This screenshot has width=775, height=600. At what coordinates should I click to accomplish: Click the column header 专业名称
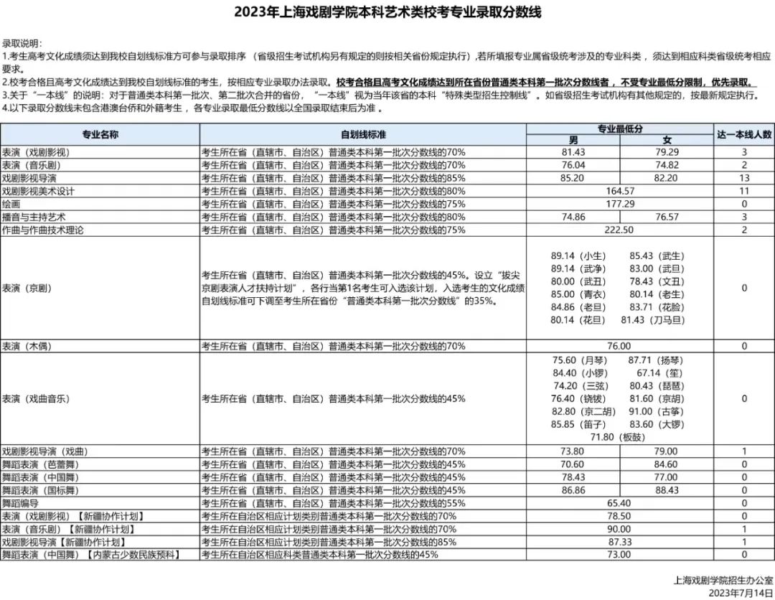pyautogui.click(x=100, y=134)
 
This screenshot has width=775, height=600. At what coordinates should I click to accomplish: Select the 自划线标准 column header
pyautogui.click(x=363, y=134)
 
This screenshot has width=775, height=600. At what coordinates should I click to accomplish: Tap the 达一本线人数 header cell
pyautogui.click(x=744, y=134)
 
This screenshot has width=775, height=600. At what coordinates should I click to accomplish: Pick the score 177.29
pyautogui.click(x=620, y=205)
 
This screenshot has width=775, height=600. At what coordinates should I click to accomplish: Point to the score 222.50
pyautogui.click(x=620, y=230)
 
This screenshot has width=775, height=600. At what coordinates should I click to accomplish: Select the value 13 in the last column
pyautogui.click(x=744, y=178)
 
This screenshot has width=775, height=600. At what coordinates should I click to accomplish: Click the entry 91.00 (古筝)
pyautogui.click(x=652, y=411)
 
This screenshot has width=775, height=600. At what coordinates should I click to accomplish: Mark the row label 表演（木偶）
pyautogui.click(x=28, y=346)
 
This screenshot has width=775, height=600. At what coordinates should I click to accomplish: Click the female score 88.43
pyautogui.click(x=666, y=490)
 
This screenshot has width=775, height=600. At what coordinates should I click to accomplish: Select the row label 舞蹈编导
pyautogui.click(x=21, y=503)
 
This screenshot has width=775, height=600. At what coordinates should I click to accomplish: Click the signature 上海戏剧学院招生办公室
pyautogui.click(x=723, y=581)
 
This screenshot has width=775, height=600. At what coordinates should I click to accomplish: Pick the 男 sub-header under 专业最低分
pyautogui.click(x=573, y=141)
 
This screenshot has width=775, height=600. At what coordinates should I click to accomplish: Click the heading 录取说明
pyautogui.click(x=22, y=43)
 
